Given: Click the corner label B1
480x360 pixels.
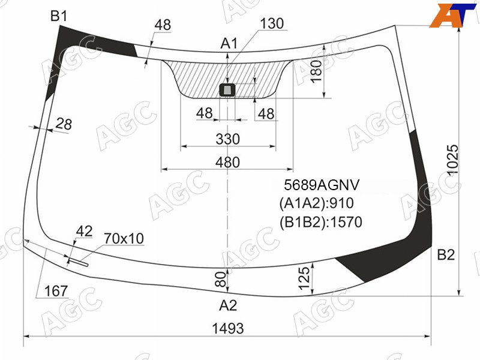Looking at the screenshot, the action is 59,16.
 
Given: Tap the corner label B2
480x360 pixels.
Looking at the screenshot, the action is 446,254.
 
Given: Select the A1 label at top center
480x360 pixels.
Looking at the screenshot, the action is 229,43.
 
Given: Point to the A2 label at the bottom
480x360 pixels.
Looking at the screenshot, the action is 228,305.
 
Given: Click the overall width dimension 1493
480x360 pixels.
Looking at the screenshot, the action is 228,328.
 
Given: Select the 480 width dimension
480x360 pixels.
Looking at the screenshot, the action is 227,162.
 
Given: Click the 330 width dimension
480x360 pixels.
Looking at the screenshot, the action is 228,139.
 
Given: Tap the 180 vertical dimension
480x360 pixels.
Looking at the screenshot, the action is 317,71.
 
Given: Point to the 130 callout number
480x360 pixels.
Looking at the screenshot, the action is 272,23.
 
